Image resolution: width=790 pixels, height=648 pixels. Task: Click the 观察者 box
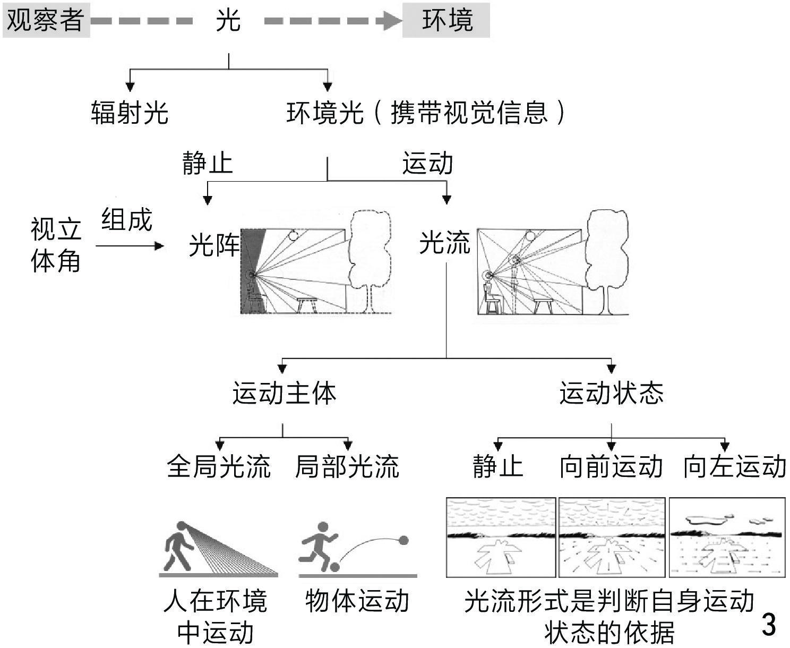(46, 20)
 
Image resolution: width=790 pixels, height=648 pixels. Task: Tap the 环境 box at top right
(446, 20)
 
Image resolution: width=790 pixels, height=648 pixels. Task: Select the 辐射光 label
(130, 113)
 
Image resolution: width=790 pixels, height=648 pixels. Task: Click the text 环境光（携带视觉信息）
(425, 113)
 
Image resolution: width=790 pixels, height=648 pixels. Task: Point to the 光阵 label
(214, 246)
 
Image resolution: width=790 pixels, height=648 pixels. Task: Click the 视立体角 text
(55, 245)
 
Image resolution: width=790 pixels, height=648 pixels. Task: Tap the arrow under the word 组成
(130, 246)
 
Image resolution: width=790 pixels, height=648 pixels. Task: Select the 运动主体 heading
(284, 394)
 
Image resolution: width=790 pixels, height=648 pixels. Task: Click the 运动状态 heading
(611, 394)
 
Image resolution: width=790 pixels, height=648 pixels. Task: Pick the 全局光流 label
(219, 466)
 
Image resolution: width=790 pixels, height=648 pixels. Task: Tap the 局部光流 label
(347, 466)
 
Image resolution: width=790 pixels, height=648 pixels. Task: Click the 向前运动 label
(611, 466)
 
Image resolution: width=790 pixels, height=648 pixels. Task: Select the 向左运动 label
(734, 466)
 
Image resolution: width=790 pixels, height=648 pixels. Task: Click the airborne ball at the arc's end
(403, 541)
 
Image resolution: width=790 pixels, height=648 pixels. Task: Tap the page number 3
(768, 625)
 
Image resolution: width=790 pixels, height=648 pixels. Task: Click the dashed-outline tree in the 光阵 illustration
(371, 260)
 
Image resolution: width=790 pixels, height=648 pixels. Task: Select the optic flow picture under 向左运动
(727, 537)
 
